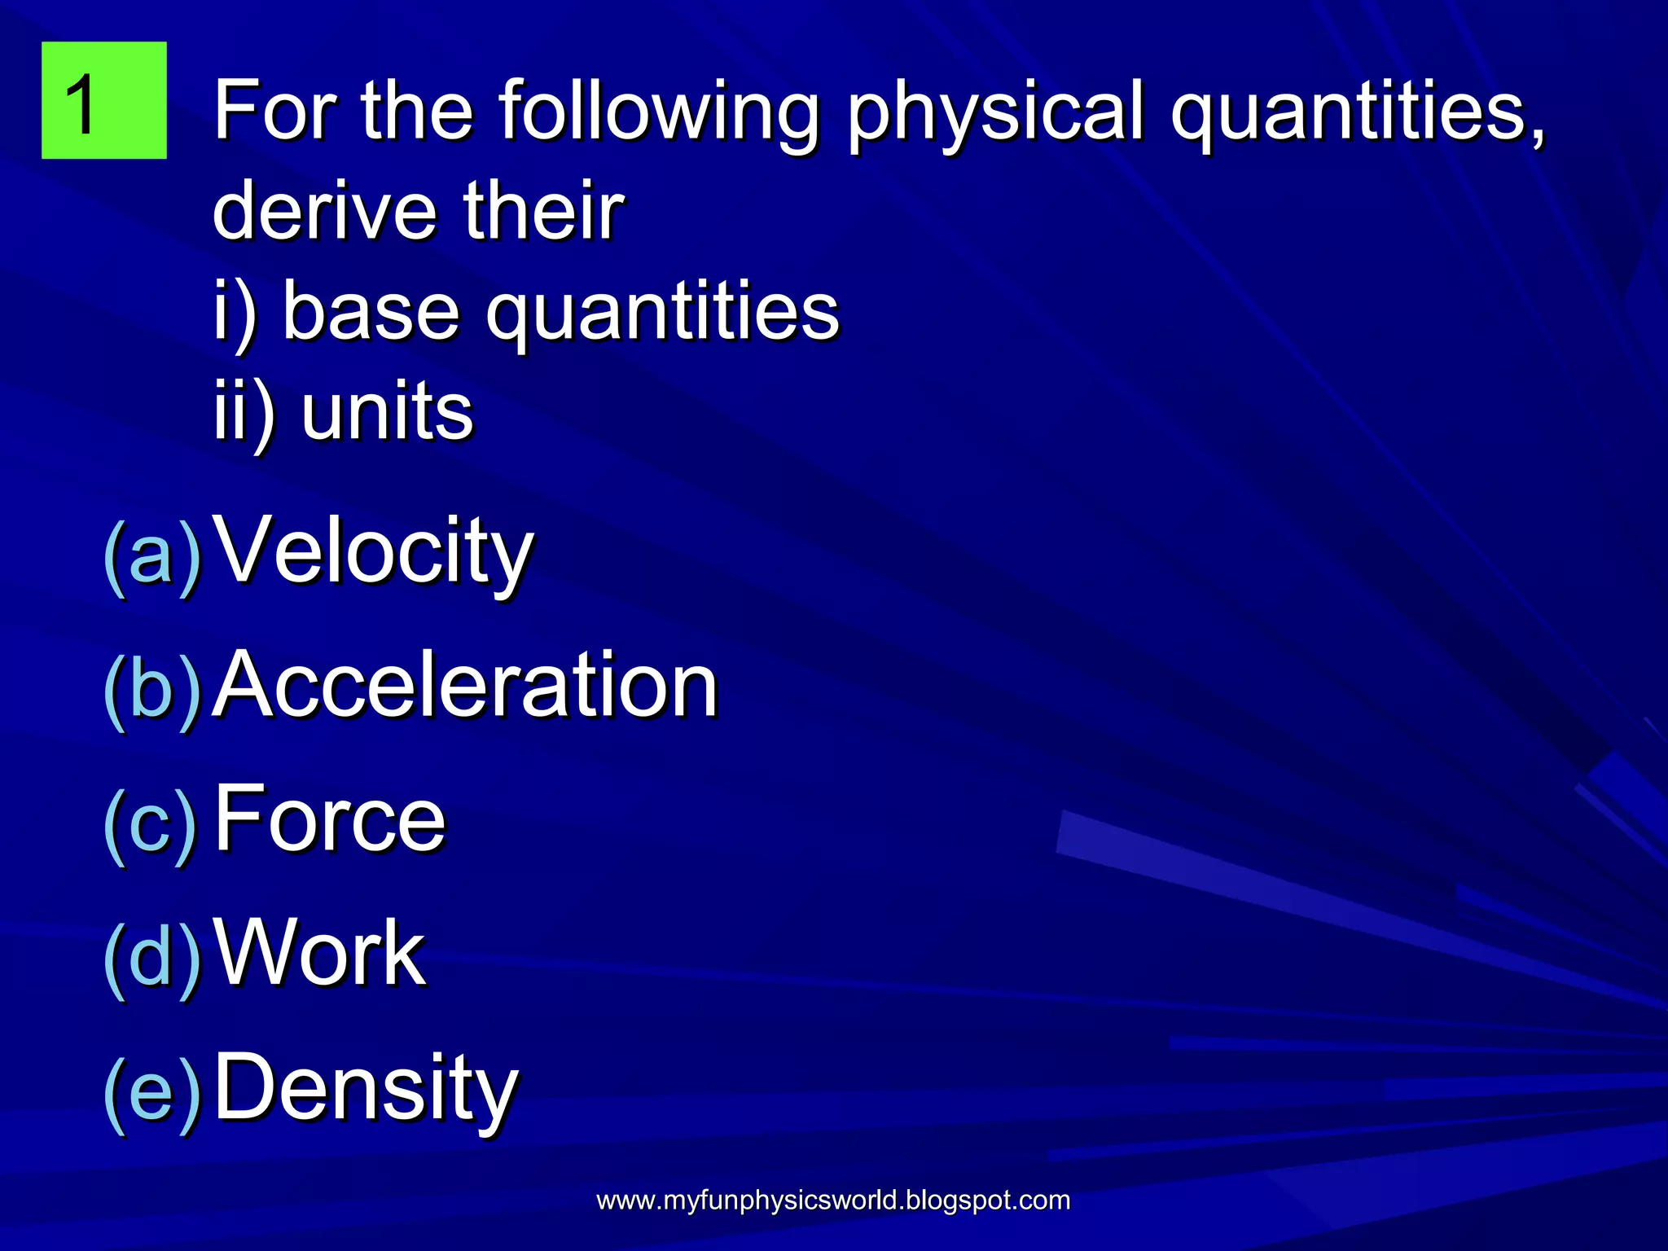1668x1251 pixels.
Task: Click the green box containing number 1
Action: point(103,99)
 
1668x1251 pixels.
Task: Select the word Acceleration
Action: point(464,686)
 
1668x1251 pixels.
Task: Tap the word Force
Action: point(329,819)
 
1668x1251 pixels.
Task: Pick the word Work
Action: point(319,952)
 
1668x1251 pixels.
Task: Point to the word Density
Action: point(366,1087)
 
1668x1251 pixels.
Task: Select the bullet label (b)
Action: point(152,689)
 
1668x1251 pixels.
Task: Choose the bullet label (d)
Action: point(152,956)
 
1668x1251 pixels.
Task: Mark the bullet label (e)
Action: point(152,1091)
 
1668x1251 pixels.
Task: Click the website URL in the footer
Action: point(833,1201)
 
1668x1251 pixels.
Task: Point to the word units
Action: point(387,411)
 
